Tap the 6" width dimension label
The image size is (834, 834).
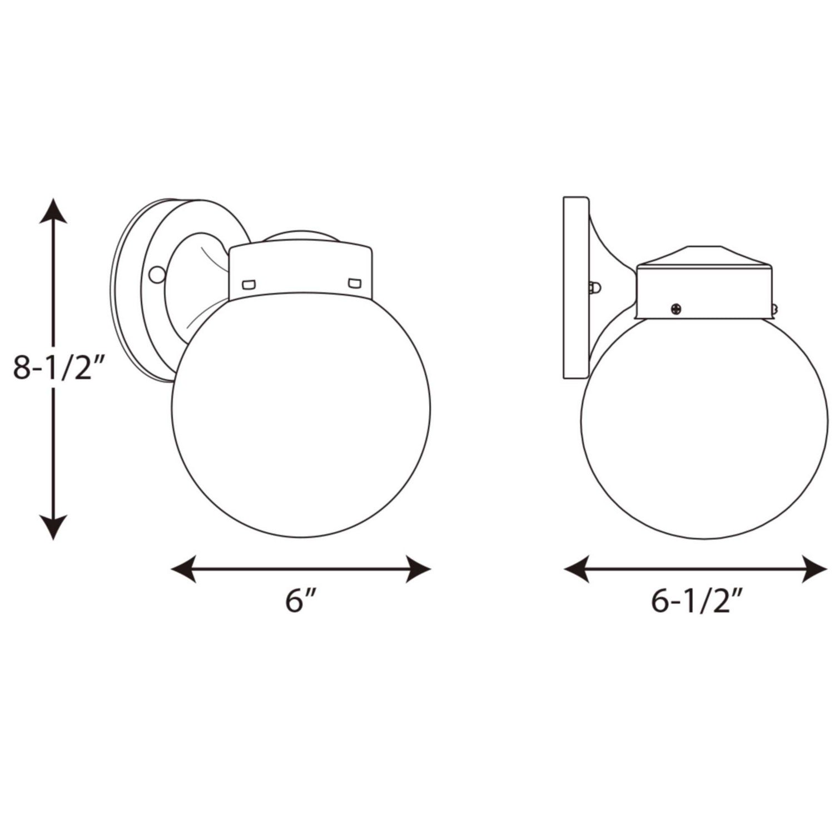[x=301, y=602]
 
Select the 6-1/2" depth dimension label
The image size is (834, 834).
[x=697, y=602]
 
